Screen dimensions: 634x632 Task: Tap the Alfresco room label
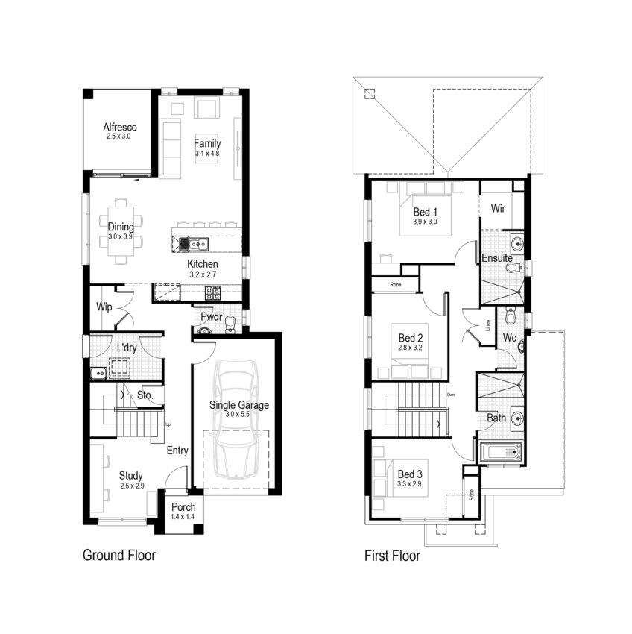[119, 128]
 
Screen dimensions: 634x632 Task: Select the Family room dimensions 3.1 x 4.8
[207, 154]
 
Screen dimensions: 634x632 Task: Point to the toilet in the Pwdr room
[231, 322]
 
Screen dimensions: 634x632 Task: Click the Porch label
[183, 507]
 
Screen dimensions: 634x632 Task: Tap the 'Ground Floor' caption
[119, 556]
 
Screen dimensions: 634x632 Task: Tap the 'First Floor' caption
[392, 556]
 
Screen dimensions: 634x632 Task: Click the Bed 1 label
[423, 212]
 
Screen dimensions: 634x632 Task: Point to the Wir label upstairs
[498, 209]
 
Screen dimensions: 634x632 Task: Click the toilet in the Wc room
[511, 316]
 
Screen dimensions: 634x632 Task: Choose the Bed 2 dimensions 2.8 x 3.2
[411, 348]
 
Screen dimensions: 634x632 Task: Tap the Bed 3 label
[411, 474]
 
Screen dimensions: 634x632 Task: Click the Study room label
[130, 475]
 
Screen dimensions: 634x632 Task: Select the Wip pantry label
[104, 307]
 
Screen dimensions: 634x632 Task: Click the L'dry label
[125, 348]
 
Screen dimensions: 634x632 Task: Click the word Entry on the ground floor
[177, 451]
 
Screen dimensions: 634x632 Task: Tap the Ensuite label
[496, 258]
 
